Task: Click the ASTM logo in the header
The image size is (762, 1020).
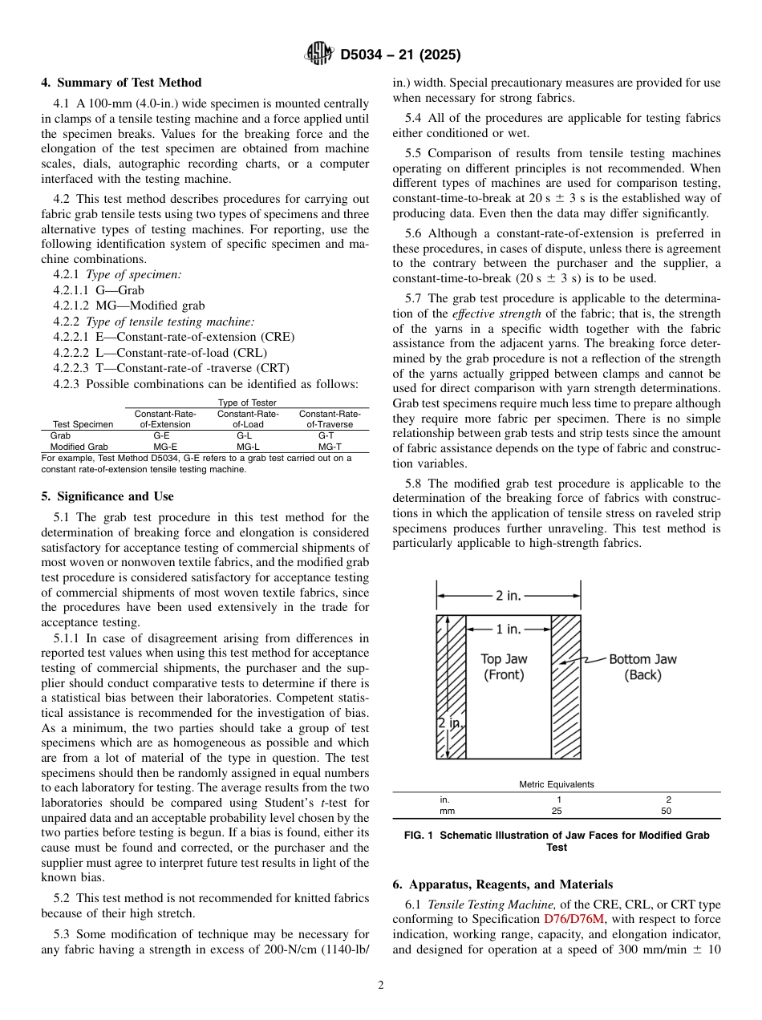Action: [x=319, y=55]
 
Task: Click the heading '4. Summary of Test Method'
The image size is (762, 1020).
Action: [x=121, y=83]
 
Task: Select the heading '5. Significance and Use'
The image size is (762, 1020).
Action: [x=107, y=496]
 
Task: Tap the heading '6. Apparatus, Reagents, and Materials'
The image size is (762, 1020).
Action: [x=502, y=884]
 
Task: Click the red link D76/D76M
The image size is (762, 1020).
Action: [x=574, y=919]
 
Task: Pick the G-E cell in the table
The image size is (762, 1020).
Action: [x=160, y=435]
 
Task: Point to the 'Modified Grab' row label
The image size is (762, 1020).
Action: [x=79, y=447]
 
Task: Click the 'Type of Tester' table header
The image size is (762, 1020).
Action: [x=247, y=403]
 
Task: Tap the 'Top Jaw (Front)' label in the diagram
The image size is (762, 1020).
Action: [x=504, y=667]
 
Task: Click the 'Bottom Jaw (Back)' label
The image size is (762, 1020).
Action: [x=642, y=667]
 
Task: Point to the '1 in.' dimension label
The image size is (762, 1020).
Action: [x=509, y=629]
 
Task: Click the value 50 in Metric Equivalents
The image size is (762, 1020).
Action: [x=667, y=811]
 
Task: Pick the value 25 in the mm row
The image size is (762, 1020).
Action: [x=558, y=811]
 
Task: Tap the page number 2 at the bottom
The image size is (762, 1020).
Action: [x=381, y=986]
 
